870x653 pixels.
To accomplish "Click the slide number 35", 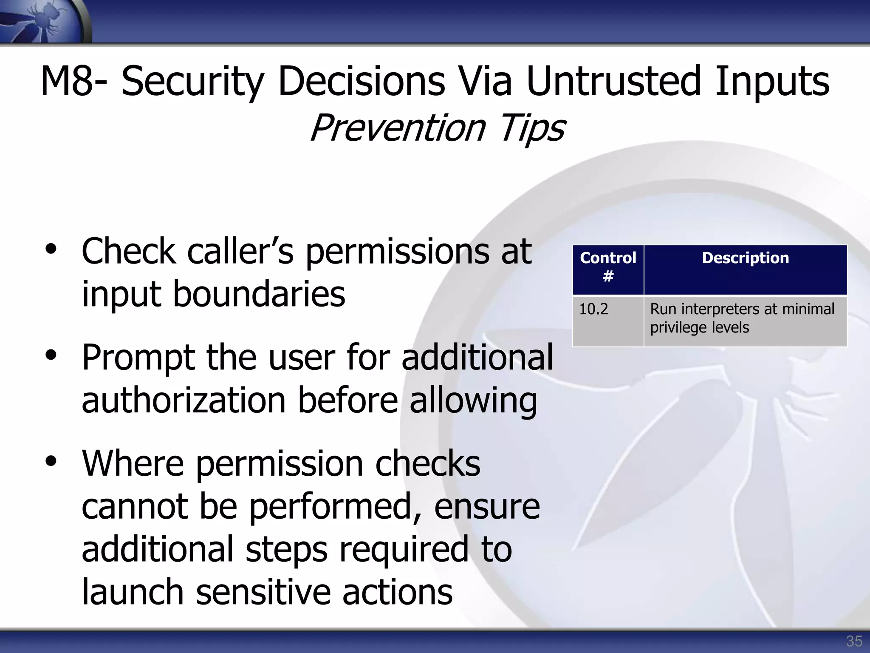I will click(x=854, y=641).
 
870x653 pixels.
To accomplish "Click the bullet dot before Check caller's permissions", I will click(x=51, y=250).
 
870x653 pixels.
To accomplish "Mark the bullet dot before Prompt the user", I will click(x=51, y=356).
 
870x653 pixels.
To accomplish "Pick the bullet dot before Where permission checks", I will click(x=51, y=463).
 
